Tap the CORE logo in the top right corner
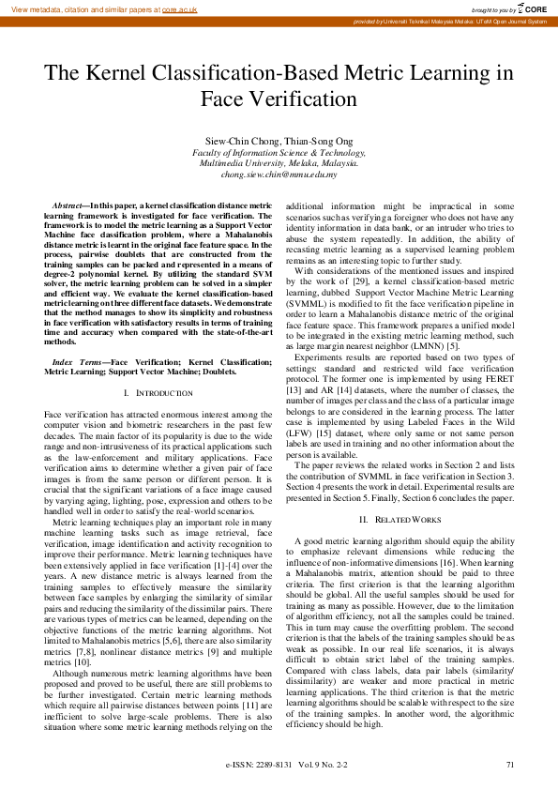click(x=532, y=8)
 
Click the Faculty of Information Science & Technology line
click(x=279, y=151)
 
